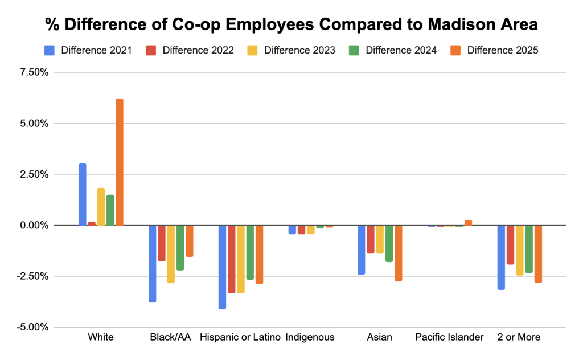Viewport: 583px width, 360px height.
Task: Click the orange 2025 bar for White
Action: [x=120, y=162]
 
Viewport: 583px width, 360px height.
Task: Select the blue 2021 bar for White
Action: [x=83, y=194]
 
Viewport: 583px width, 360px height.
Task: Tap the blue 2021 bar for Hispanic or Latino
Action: [x=222, y=267]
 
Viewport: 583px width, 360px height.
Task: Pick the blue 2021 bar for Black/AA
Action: [x=153, y=263]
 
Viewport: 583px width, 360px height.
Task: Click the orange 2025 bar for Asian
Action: [x=398, y=253]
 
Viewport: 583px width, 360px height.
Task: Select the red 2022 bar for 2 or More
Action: [x=510, y=244]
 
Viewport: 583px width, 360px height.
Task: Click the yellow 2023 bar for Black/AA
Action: [x=171, y=253]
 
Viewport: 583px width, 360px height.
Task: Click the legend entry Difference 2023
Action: [x=299, y=50]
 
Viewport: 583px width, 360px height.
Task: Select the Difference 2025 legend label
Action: [x=503, y=50]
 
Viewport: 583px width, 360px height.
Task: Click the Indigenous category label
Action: [x=310, y=337]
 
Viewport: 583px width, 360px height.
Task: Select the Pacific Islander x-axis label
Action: [x=449, y=337]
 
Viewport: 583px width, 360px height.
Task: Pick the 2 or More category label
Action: [x=519, y=337]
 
